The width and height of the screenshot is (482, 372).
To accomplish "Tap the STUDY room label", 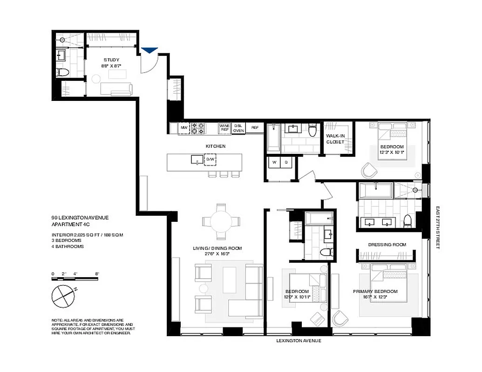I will pos(111,60).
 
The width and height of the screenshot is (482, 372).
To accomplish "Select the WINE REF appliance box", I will pos(224,128).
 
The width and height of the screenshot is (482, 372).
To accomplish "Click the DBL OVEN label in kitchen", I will pos(238,128).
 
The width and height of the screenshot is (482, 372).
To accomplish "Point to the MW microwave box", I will pos(183,128).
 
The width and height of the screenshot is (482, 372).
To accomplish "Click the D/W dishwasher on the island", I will pos(210,160).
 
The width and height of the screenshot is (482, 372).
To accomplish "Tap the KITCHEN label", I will pos(215,146).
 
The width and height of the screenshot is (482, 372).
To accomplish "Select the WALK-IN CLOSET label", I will pos(335,139).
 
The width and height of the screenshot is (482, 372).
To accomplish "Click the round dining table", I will pos(222,220).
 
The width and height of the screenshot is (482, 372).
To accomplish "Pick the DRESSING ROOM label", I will pos(387,245).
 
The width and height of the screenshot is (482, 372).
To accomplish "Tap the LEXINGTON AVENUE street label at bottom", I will pos(298,341).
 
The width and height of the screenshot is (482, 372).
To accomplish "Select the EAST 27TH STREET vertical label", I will pos(437,227).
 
